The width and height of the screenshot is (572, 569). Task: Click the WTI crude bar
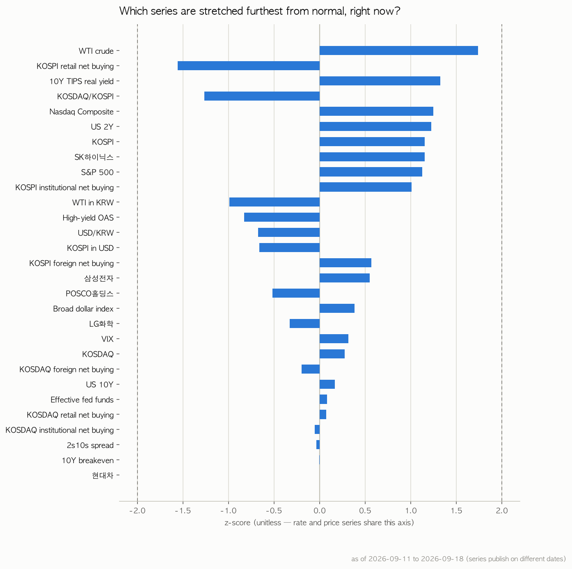tap(399, 50)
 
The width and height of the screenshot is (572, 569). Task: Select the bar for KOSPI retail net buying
tap(249, 66)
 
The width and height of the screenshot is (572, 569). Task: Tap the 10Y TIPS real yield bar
tap(380, 81)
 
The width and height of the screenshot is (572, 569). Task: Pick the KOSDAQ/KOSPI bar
tap(262, 96)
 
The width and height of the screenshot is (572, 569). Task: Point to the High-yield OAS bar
tap(282, 217)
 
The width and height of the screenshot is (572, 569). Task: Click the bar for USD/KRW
tap(289, 232)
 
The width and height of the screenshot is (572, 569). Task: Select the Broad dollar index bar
tap(337, 308)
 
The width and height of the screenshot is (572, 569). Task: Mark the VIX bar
tap(334, 339)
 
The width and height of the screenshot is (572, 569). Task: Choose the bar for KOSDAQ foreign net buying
tap(311, 369)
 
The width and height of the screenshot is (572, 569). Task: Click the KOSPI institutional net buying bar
tap(366, 187)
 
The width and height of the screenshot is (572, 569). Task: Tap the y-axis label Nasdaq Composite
tap(81, 112)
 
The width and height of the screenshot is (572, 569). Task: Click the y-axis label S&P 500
tap(97, 172)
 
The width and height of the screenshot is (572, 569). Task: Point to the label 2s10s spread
tap(90, 445)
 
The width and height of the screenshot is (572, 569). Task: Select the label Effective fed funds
tap(82, 399)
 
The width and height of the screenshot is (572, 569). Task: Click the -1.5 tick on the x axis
tap(183, 511)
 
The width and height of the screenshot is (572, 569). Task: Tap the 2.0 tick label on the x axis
tap(502, 511)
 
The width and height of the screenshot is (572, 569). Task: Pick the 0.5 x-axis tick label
tap(365, 511)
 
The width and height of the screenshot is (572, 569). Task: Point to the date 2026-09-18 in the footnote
tap(442, 559)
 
